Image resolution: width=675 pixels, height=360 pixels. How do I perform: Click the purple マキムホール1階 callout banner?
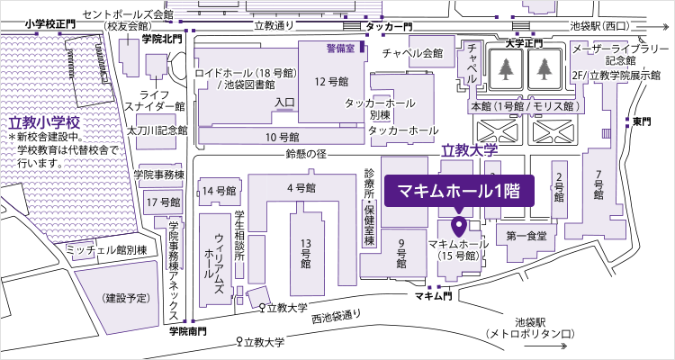pos(460,192)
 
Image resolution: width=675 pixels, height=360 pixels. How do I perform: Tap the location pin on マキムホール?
pos(458,225)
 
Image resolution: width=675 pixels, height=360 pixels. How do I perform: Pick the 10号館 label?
pos(282,138)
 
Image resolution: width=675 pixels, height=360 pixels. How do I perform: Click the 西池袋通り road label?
pos(338,316)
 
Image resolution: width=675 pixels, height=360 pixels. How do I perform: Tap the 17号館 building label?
pos(163,201)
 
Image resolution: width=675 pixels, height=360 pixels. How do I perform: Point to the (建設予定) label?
pos(126,298)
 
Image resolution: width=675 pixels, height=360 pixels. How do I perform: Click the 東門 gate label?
pos(641,121)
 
